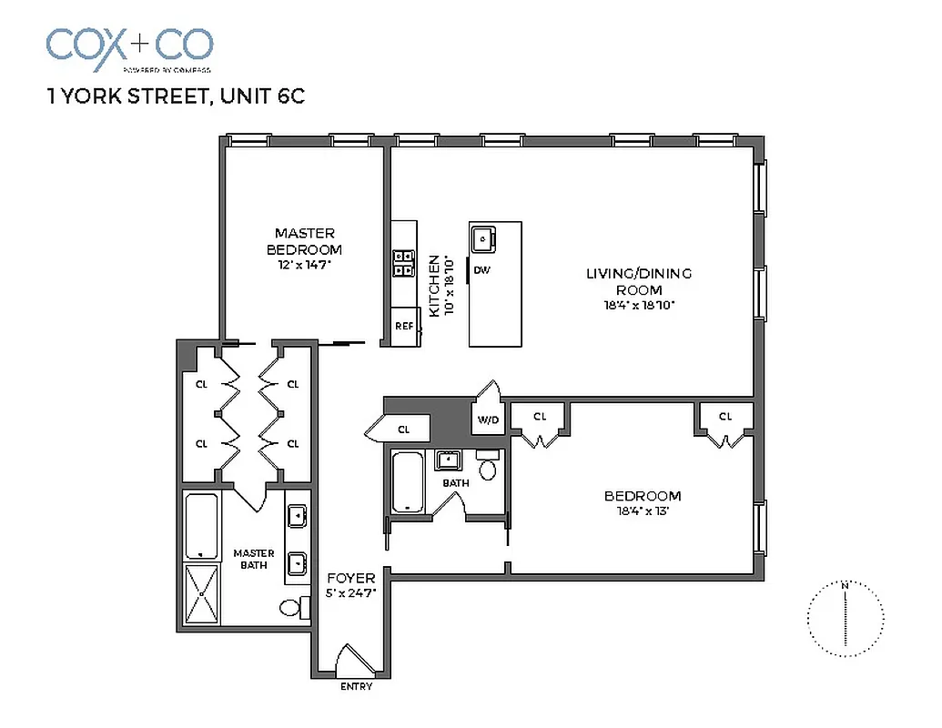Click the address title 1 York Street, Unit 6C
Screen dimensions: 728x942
point(175,96)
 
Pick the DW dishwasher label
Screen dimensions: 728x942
point(482,270)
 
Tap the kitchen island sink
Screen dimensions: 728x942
point(481,239)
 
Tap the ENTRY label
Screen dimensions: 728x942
point(356,686)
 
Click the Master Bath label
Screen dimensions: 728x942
point(253,559)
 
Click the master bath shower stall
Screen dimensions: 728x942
point(202,593)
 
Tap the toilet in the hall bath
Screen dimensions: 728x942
point(488,468)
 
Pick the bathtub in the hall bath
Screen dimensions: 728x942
point(407,483)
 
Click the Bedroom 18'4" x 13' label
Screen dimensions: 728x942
point(642,502)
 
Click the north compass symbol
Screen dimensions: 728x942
point(846,619)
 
